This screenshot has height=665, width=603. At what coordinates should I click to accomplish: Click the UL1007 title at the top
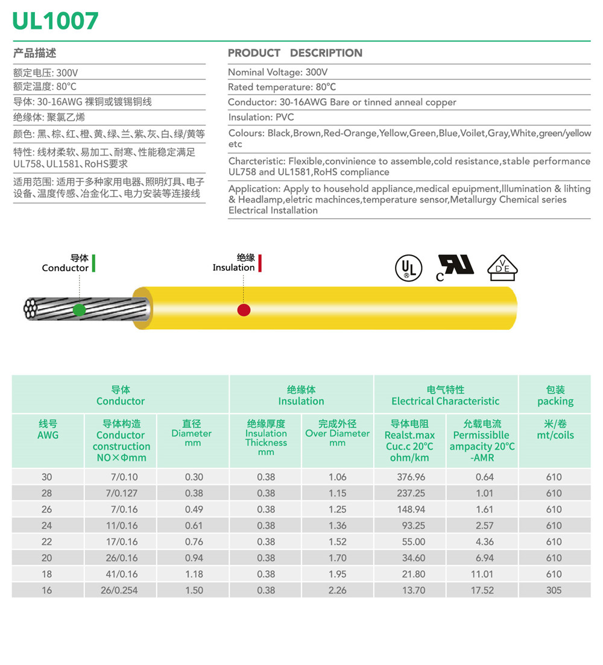[x=55, y=20]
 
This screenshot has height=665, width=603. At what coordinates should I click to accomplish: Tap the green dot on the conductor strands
[x=79, y=310]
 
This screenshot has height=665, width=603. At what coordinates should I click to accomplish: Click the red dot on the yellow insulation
[x=244, y=310]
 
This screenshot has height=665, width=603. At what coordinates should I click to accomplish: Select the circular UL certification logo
[x=406, y=268]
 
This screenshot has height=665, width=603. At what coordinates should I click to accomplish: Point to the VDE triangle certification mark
[x=502, y=268]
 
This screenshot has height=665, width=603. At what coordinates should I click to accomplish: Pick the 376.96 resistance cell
[x=411, y=477]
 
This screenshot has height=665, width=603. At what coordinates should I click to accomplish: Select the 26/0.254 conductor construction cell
[x=119, y=590]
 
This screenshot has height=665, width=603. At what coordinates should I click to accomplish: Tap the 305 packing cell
[x=554, y=590]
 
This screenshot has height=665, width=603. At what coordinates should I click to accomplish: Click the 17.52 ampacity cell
[x=482, y=590]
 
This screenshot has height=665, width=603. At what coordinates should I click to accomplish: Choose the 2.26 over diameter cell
[x=337, y=590]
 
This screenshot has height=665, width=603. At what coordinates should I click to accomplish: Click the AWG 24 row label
[x=46, y=526]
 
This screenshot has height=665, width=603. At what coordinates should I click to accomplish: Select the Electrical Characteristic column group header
[x=445, y=396]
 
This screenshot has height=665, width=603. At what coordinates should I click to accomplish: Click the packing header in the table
[x=555, y=396]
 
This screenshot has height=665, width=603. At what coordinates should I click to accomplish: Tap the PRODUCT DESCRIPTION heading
[x=295, y=53]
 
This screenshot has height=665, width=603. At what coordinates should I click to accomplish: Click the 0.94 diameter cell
[x=194, y=558]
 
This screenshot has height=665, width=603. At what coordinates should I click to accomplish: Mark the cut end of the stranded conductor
[x=31, y=308]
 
